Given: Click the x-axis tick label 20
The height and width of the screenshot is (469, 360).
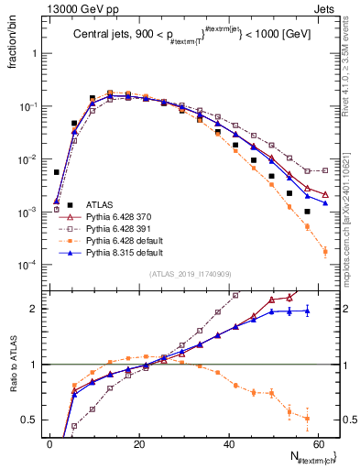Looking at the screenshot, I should pyautogui.click(x=139, y=443).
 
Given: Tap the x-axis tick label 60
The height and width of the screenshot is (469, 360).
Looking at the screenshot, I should pyautogui.click(x=318, y=443).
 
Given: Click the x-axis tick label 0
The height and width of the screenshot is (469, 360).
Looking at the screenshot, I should pyautogui.click(x=49, y=443).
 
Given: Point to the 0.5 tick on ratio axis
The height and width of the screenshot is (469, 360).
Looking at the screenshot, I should pyautogui.click(x=34, y=420).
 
